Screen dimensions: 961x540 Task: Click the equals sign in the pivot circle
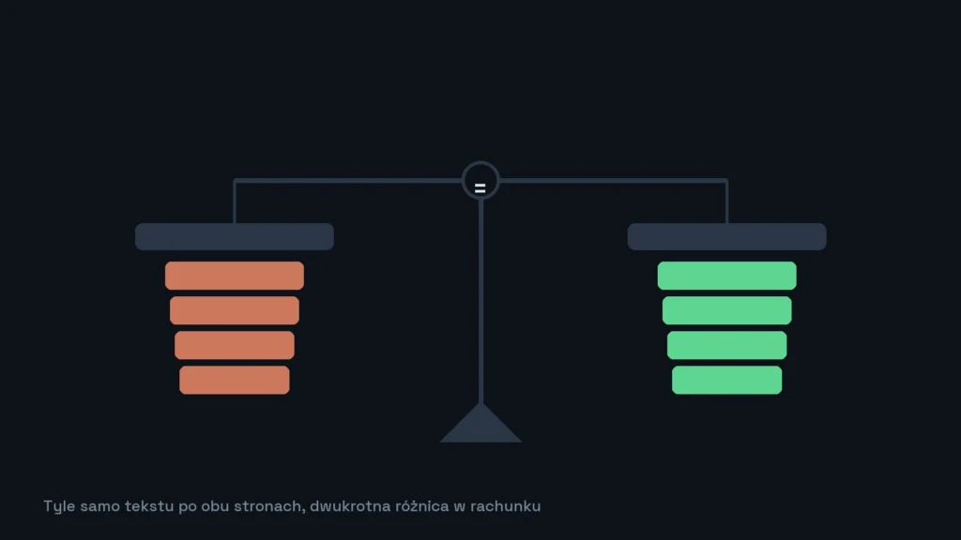[x=480, y=188]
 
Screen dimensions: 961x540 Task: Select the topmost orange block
[x=234, y=276]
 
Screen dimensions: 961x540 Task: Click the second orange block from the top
[x=234, y=310]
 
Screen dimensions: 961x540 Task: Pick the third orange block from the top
[x=234, y=345]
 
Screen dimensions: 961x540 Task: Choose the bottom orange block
[x=234, y=381]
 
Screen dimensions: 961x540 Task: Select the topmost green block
[x=727, y=276]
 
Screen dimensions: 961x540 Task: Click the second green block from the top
[x=727, y=310]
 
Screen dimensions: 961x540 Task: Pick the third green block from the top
[x=727, y=345]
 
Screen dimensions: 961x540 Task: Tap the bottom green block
[x=727, y=381]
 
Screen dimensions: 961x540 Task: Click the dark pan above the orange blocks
[x=234, y=236]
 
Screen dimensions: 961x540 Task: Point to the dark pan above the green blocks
[x=727, y=236]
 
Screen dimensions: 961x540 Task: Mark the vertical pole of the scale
[x=481, y=301]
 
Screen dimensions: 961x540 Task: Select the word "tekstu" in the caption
[x=149, y=506]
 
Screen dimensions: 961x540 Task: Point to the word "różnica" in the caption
[x=422, y=506]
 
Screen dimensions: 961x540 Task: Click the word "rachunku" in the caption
[x=505, y=506]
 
